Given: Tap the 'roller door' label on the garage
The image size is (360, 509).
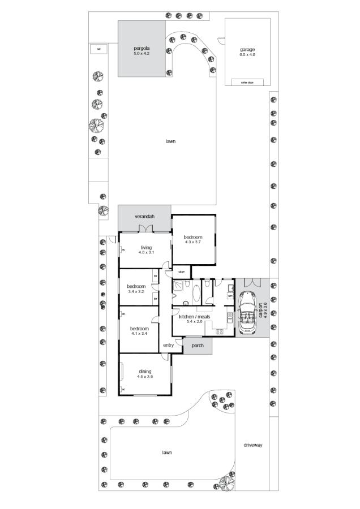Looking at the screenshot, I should pos(247,82).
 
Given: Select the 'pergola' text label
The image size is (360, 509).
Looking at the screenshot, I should pos(141,49).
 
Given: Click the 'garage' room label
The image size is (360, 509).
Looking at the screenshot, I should pos(247,49).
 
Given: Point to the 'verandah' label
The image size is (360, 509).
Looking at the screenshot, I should pos(144,217).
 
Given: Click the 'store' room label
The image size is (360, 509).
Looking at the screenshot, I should pos(181,272).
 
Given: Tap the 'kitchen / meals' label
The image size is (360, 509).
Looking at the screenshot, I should pos(194,317).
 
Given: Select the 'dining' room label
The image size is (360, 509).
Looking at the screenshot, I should pos(144,372).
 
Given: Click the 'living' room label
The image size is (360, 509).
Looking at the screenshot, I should pos(147,248).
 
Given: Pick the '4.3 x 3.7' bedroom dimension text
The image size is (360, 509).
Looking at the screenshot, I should pos(193,242).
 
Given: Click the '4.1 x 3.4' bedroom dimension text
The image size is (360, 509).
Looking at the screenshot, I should pos(139,333).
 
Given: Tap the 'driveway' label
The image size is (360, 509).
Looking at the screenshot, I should pos(252,445).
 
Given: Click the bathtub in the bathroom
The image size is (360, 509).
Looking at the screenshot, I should pos(196,293).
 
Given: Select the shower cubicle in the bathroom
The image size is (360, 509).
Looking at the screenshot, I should pos(181,289).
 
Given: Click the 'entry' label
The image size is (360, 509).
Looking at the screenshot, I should pos(168,345).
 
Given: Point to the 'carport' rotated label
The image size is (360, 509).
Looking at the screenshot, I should pos(261,312).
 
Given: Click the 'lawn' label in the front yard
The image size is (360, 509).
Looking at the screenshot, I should pos(166,452).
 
